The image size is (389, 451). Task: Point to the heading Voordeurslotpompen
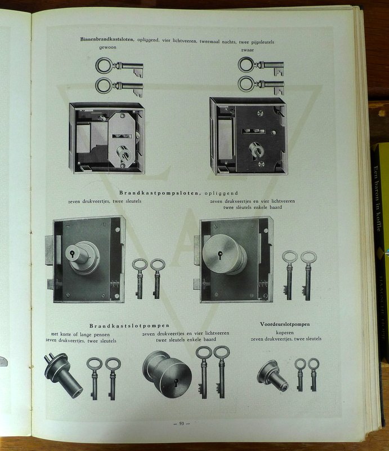[x=285, y=324]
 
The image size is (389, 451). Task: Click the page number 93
[x=181, y=423]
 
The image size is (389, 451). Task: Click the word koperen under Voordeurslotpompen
[x=285, y=332]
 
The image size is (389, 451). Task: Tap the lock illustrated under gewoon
[x=107, y=138]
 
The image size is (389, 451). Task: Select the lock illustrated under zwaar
[x=248, y=136]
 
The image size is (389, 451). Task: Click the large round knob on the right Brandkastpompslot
[x=224, y=254]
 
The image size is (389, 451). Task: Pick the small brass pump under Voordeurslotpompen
[x=272, y=376]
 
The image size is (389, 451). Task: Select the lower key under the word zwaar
[x=261, y=85]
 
